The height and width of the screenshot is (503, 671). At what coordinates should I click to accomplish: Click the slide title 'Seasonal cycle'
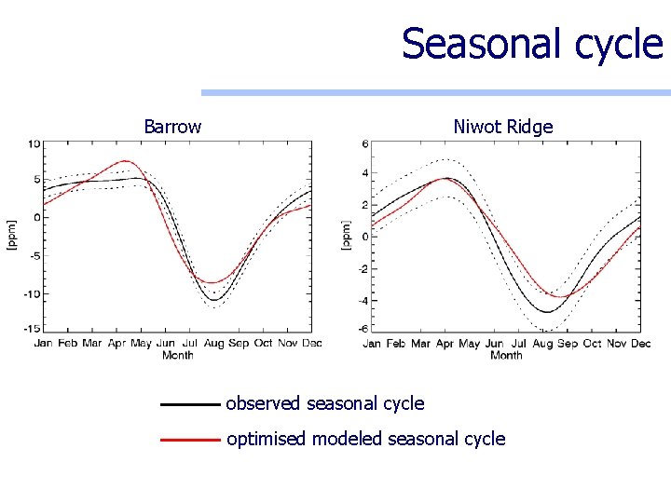point(532,44)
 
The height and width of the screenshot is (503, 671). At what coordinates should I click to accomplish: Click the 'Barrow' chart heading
point(172,127)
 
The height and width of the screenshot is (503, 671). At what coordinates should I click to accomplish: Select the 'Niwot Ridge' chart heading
point(502,127)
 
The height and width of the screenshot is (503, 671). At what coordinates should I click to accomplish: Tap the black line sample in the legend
point(190,404)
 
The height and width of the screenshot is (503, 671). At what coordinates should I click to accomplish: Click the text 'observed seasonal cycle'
point(324,403)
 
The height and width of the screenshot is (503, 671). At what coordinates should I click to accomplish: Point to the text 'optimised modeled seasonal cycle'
point(365,439)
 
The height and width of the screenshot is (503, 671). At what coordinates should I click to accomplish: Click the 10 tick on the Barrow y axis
point(34,143)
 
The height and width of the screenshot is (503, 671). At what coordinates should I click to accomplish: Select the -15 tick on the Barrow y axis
point(32,329)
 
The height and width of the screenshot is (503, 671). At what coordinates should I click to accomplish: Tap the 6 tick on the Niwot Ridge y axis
point(364,143)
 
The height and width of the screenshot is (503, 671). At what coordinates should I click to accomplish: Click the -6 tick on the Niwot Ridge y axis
point(363,329)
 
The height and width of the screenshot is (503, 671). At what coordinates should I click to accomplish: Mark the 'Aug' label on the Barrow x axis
point(213,343)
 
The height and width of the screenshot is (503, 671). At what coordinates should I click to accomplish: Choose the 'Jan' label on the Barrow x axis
point(43,343)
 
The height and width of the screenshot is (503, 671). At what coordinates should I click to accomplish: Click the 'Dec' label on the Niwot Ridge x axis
point(640,344)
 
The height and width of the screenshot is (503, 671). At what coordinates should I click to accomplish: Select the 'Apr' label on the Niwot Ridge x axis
point(445,344)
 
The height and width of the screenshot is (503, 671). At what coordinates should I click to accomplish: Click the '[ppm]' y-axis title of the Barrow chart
point(12,235)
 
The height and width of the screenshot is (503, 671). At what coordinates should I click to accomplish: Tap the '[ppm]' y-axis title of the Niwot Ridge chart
point(346,235)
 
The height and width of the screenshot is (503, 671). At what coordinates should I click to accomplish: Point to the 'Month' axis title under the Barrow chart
point(177,355)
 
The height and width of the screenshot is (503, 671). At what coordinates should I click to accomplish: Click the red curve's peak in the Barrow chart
point(124,161)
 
